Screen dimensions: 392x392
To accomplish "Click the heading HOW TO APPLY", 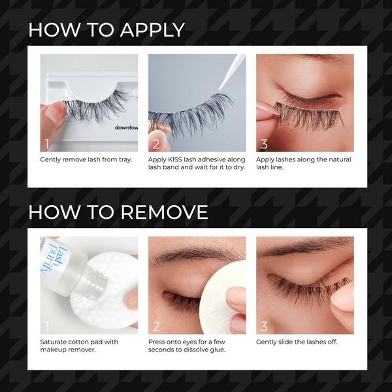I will (x=106, y=29).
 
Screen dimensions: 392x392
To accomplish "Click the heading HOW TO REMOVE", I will (x=118, y=212).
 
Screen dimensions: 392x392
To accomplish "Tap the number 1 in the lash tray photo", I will (x=46, y=144).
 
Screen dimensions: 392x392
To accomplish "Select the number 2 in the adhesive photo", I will (x=155, y=144).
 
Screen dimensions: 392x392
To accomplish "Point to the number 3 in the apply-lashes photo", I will (x=263, y=144).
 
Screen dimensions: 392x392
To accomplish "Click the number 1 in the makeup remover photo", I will (x=46, y=326).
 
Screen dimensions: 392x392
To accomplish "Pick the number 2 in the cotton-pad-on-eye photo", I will (x=155, y=326).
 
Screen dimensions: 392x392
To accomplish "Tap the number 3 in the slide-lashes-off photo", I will (x=263, y=326).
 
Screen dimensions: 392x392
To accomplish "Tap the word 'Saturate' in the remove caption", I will (x=55, y=342).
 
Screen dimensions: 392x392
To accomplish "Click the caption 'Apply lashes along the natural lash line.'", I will (x=304, y=163).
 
